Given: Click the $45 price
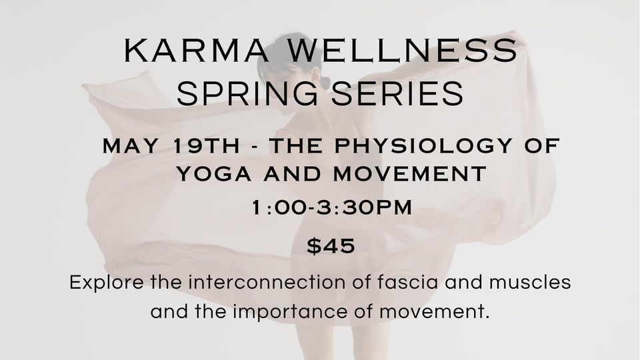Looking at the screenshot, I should [x=331, y=246].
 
